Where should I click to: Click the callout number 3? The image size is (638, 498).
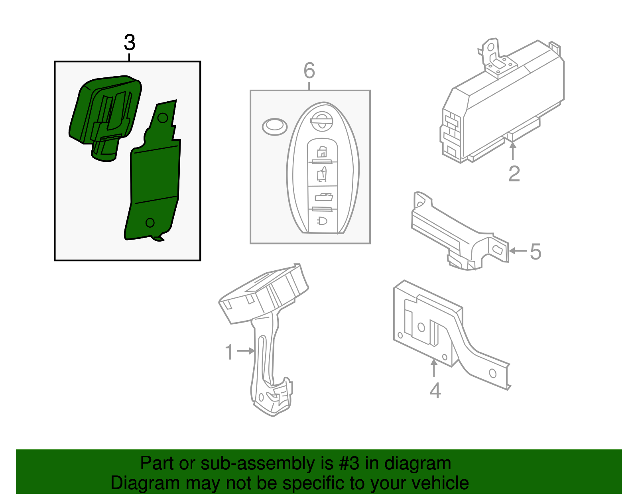(130, 43)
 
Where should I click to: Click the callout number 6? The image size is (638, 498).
(309, 71)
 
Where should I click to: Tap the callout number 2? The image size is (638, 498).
(514, 174)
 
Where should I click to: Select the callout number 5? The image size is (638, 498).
(536, 252)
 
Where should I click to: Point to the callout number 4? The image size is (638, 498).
(435, 391)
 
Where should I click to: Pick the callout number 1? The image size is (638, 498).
(229, 352)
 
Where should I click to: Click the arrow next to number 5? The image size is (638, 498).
(518, 251)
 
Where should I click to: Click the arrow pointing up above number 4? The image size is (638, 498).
(434, 368)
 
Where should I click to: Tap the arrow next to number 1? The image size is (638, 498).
(246, 351)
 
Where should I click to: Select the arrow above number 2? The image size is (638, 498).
(513, 151)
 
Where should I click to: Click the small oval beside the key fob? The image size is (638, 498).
(274, 127)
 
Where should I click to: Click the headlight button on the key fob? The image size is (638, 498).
(322, 221)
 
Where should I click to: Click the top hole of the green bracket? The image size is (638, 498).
(163, 118)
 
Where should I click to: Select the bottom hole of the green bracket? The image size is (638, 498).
(150, 223)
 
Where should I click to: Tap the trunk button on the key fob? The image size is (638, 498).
(323, 197)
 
